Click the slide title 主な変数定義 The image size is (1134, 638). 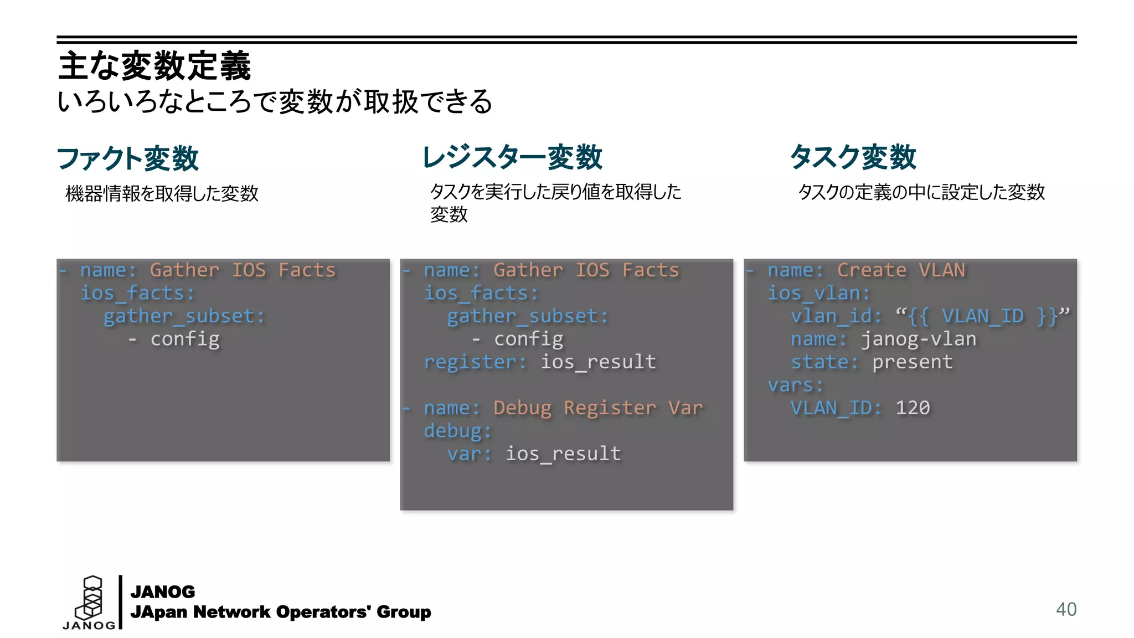pos(154,66)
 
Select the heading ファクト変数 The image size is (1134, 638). pos(128,158)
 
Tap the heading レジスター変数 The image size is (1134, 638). pos(512,157)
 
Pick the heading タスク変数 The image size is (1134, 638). pos(853,157)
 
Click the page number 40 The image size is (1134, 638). pos(1066,609)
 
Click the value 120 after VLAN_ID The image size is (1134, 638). pos(913,408)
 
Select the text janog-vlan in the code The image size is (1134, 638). pos(919,339)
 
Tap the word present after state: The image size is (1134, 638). pos(913,362)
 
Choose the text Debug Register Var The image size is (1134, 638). pos(598,408)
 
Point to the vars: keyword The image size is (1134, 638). pos(796,385)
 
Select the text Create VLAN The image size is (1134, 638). pos(901,270)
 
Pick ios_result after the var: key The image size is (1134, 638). pos(563,454)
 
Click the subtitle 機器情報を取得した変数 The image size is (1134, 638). pos(162,193)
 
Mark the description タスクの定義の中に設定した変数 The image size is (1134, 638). pos(921,192)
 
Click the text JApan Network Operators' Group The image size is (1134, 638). pos(280,612)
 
